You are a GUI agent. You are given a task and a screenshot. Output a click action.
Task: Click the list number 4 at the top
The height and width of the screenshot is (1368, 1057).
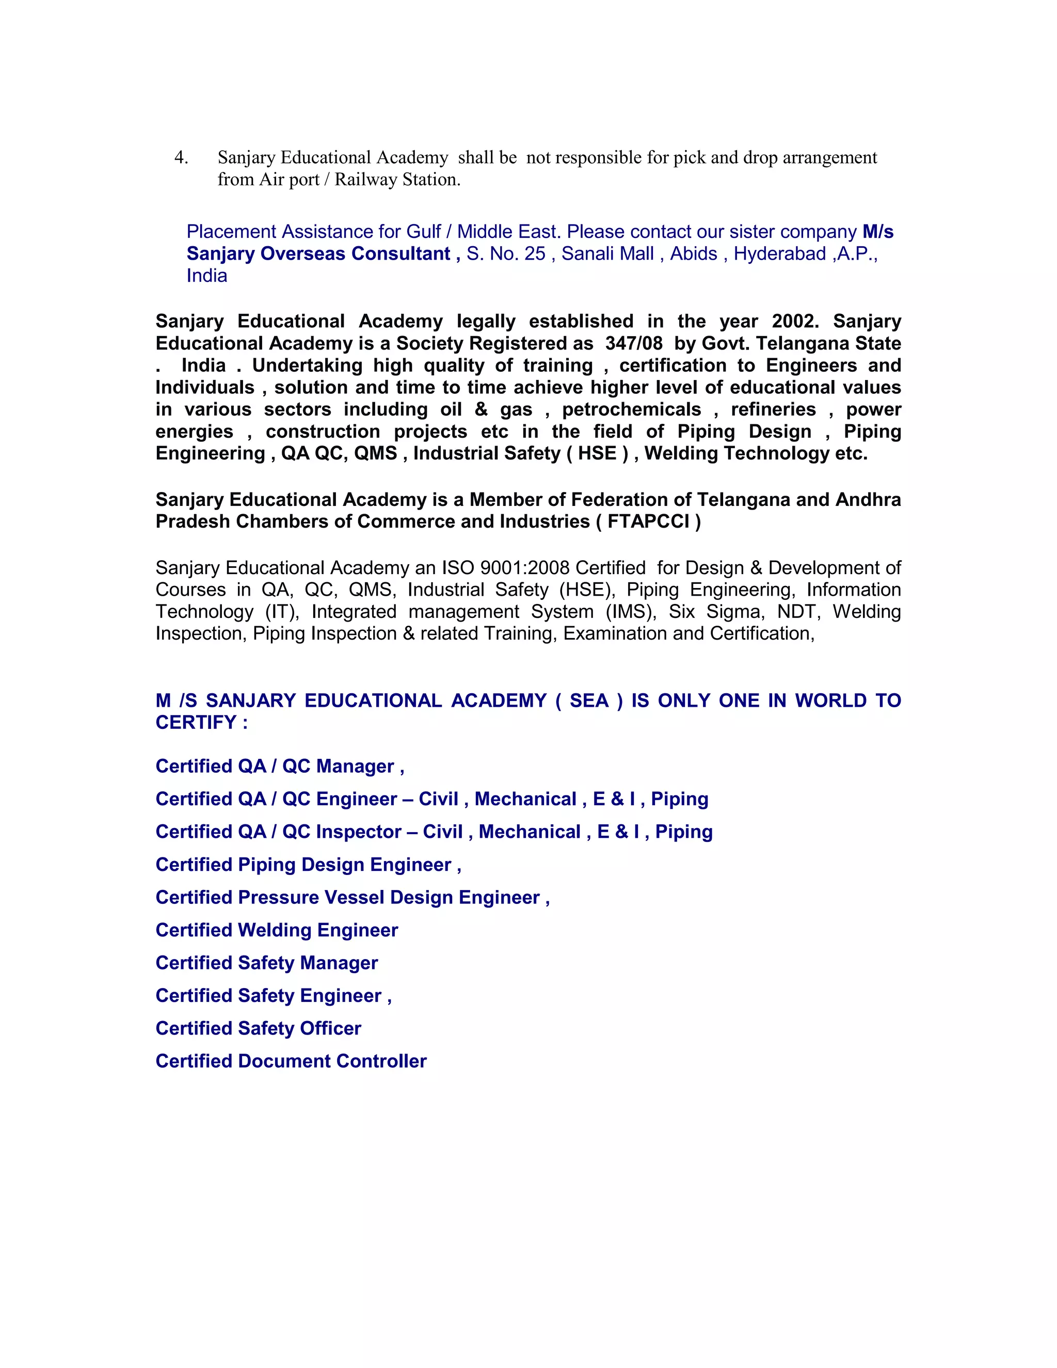[180, 158]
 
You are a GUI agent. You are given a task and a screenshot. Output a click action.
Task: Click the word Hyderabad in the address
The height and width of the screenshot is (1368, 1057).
[780, 253]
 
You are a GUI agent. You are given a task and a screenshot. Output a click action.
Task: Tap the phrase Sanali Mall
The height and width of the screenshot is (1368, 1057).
[607, 253]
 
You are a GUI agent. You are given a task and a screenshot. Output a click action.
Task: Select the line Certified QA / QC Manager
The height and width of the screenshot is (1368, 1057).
[279, 766]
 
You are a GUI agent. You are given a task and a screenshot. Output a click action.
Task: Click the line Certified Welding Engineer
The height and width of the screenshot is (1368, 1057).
[277, 930]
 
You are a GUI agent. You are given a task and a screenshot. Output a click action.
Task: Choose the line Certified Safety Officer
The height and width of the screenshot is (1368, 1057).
[259, 1028]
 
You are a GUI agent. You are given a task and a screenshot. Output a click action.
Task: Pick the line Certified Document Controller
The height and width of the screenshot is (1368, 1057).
[291, 1061]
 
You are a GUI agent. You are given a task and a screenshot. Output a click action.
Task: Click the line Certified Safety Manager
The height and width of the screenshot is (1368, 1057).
[267, 963]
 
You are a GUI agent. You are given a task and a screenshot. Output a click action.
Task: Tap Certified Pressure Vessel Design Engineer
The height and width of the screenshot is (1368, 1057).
[353, 898]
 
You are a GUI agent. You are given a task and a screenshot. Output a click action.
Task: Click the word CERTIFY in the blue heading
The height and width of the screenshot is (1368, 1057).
[196, 723]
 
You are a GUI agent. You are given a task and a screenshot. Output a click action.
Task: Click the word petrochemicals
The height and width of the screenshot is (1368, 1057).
[631, 410]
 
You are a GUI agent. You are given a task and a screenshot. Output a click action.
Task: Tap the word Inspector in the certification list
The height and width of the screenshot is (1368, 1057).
[358, 832]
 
